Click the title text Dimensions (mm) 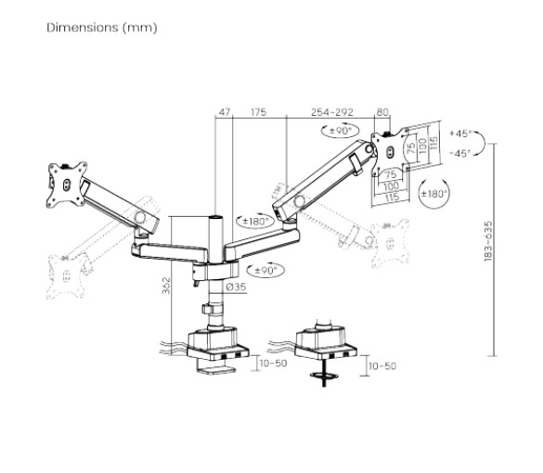pos(102,27)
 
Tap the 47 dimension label pos(223,112)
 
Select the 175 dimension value pos(258,112)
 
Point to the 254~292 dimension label pos(332,112)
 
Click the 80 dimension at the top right pos(382,112)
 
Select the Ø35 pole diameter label pos(236,288)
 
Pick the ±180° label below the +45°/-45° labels pos(433,194)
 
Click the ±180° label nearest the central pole pos(254,221)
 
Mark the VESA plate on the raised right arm pos(391,147)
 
